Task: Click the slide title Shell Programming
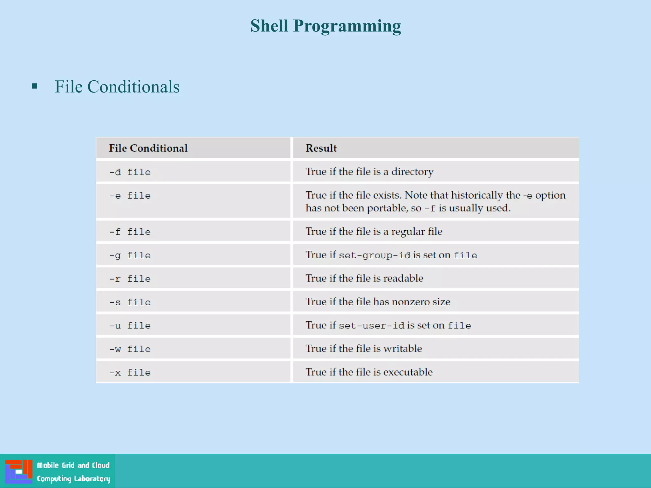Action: pos(325,26)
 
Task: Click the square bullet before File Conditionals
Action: pos(35,86)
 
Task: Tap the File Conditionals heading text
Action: pos(117,87)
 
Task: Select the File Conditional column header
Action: pos(148,148)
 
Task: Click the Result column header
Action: pos(321,148)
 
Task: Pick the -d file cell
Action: pos(130,172)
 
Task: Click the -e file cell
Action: pos(130,196)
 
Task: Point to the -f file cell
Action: pos(130,232)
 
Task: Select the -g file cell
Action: pos(130,255)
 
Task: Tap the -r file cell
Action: pos(130,279)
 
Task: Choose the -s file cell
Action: pos(130,302)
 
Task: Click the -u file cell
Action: pos(130,326)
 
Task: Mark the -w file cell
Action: pos(130,349)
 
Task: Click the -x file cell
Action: pos(130,373)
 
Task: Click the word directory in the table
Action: pos(412,172)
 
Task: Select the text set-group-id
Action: pos(374,255)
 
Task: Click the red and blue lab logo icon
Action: pos(18,471)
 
